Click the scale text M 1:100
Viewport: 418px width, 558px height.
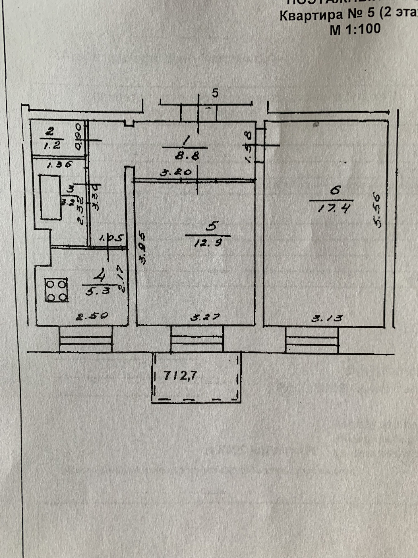coord(355,29)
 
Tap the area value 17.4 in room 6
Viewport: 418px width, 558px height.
coord(333,209)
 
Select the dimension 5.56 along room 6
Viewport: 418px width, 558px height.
coord(378,210)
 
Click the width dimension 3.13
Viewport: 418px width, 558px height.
coord(327,318)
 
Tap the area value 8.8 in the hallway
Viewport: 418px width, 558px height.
coord(187,156)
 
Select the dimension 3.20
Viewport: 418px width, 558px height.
coord(175,172)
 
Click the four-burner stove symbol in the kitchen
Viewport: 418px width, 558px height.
coord(57,290)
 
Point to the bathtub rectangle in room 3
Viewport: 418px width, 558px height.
coord(51,197)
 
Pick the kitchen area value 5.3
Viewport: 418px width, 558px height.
coord(96,291)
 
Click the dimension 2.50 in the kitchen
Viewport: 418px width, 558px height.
coord(92,315)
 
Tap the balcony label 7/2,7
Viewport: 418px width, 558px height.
coord(180,376)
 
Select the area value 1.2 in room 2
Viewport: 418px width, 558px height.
coord(52,146)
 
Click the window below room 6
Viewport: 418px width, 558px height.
coord(312,340)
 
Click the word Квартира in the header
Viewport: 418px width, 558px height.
coord(311,16)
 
